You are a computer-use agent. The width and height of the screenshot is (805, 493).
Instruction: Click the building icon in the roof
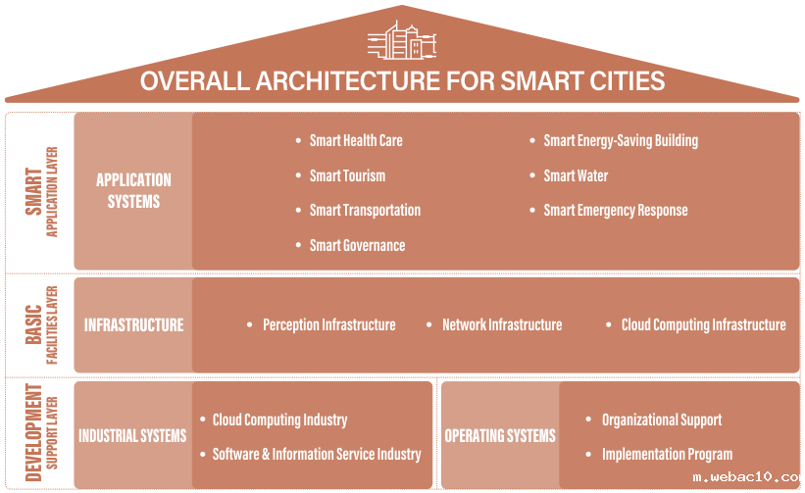(402, 40)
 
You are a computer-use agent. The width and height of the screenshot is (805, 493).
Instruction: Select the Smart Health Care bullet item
(356, 140)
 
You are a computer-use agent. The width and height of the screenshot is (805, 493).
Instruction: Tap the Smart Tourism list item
(347, 176)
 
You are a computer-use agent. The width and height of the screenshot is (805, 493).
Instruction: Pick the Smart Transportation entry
(365, 211)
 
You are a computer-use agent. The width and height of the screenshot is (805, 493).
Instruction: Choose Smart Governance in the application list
(357, 245)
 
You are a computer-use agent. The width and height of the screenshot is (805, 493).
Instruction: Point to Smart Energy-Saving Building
(621, 141)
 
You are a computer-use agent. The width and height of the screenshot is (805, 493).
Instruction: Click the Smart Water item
(576, 176)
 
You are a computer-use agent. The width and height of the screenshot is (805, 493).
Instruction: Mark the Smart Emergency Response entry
(616, 211)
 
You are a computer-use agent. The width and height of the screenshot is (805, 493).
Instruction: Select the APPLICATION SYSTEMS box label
(133, 191)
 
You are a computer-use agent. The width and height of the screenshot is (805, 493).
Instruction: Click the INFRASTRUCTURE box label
(134, 324)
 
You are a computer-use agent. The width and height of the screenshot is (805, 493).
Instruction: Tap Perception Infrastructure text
(329, 325)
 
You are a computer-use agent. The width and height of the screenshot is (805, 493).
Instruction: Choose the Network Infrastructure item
(502, 324)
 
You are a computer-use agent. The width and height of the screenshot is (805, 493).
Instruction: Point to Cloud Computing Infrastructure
(703, 325)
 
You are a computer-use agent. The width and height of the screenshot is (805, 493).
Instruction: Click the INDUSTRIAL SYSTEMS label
(132, 435)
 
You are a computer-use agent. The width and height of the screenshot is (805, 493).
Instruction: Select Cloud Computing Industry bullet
(279, 420)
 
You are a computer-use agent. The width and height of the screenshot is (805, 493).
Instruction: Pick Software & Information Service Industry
(317, 455)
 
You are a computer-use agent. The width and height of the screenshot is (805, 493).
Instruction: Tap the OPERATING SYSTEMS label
(500, 435)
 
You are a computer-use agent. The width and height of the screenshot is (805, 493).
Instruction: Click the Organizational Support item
(662, 420)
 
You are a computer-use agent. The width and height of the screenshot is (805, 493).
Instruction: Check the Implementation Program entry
(667, 455)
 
